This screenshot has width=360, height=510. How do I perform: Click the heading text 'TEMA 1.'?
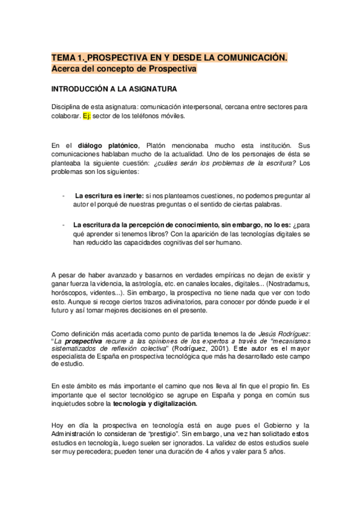pos(69,58)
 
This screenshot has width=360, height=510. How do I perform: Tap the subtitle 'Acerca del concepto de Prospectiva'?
pos(124,69)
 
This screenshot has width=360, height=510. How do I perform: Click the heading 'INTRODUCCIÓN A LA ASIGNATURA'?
pos(114,90)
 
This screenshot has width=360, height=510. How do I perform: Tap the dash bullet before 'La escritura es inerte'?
pos(64,196)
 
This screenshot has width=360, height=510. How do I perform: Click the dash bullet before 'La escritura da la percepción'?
pos(64,225)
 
